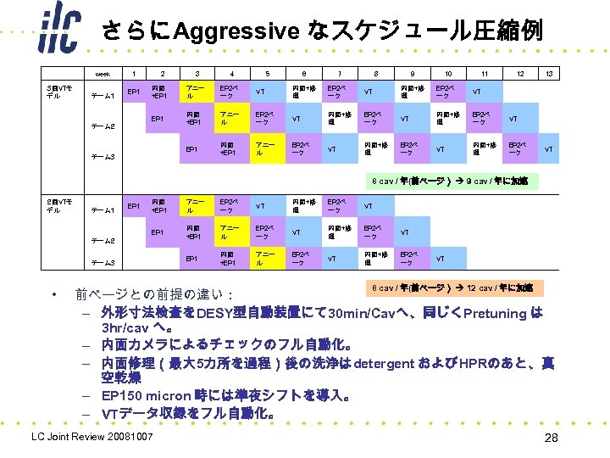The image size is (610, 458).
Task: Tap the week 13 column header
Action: pyautogui.click(x=549, y=74)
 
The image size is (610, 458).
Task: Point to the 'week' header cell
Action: pyautogui.click(x=103, y=74)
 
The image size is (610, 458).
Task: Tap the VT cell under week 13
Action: pyautogui.click(x=549, y=150)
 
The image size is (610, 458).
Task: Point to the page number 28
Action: pyautogui.click(x=550, y=438)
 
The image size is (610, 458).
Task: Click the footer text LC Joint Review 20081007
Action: pyautogui.click(x=91, y=437)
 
